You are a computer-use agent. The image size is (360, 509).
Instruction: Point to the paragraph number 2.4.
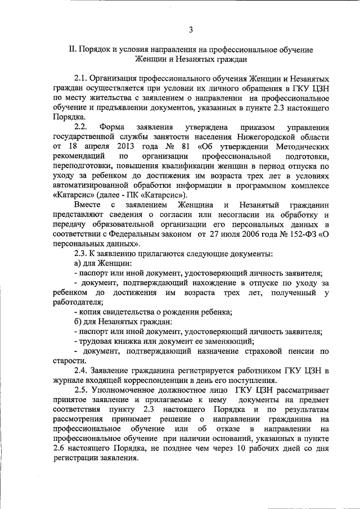click(81, 371)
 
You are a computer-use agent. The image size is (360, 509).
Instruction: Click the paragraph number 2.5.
click(81, 391)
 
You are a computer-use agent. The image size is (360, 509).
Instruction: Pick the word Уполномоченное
click(131, 391)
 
